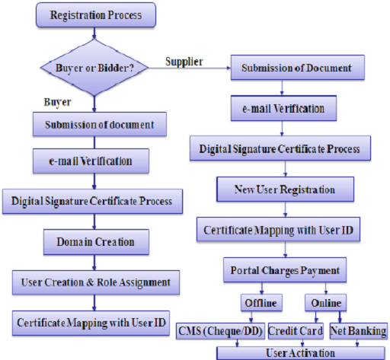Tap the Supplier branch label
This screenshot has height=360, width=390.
tap(184, 62)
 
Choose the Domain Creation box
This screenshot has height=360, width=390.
tap(95, 242)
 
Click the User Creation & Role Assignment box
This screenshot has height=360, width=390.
tap(94, 282)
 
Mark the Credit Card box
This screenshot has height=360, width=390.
tap(296, 331)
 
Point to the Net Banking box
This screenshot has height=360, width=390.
tap(358, 331)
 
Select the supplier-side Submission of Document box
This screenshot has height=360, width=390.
tap(296, 68)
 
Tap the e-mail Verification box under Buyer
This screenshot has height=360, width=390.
tap(94, 161)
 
